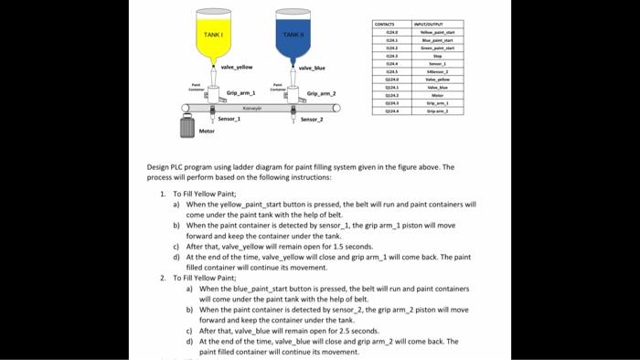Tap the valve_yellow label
(x=237, y=67)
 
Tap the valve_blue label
(x=312, y=68)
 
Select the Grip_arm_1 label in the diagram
(x=240, y=93)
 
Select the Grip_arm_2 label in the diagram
(x=321, y=93)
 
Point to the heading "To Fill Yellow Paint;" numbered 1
(x=203, y=195)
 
